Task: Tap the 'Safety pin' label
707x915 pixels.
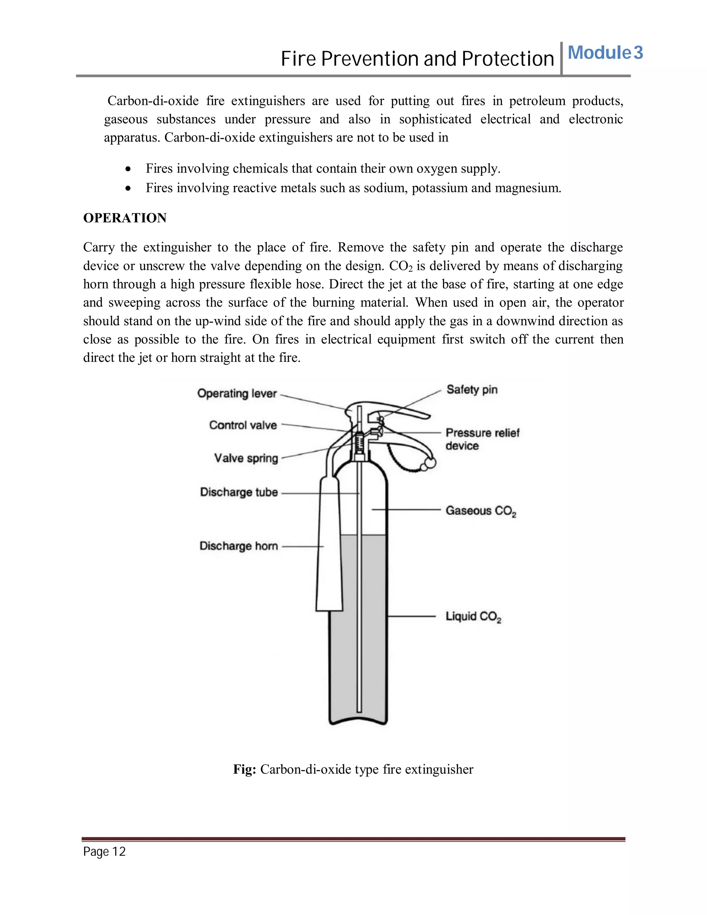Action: point(472,389)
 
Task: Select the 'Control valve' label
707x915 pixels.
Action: point(243,425)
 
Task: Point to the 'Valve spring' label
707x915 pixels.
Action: point(246,458)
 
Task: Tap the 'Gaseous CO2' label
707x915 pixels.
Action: point(481,511)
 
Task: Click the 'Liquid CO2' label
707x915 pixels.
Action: point(473,616)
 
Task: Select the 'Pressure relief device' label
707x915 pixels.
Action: point(482,439)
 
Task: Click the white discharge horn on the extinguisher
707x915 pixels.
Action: point(330,553)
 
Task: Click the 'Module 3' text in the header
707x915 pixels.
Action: point(605,53)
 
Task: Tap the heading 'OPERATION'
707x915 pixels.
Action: point(125,218)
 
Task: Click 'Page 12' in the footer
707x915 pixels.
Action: point(104,851)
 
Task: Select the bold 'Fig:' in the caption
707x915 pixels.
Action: point(245,770)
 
